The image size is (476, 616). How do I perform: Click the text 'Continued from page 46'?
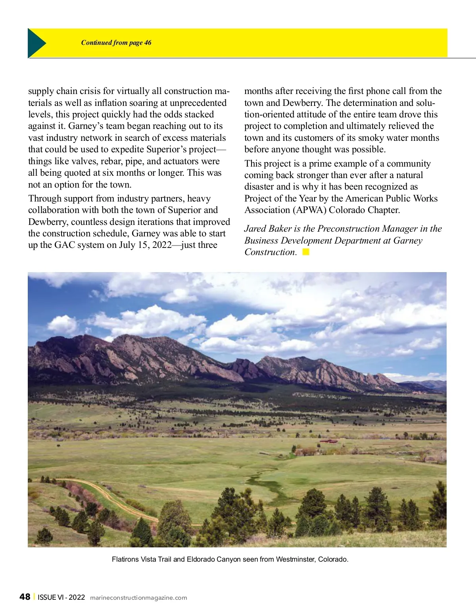pyautogui.click(x=116, y=43)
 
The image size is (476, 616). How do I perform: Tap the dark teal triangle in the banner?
pyautogui.click(x=36, y=43)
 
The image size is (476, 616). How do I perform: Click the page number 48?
pyautogui.click(x=25, y=597)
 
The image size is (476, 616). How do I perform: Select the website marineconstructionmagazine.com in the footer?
pyautogui.click(x=138, y=598)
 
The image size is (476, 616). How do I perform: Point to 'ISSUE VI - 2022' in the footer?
pyautogui.click(x=61, y=597)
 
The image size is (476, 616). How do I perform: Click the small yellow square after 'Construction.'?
pyautogui.click(x=306, y=252)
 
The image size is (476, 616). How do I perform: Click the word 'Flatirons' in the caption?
pyautogui.click(x=125, y=559)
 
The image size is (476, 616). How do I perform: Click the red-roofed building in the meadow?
pyautogui.click(x=328, y=441)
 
